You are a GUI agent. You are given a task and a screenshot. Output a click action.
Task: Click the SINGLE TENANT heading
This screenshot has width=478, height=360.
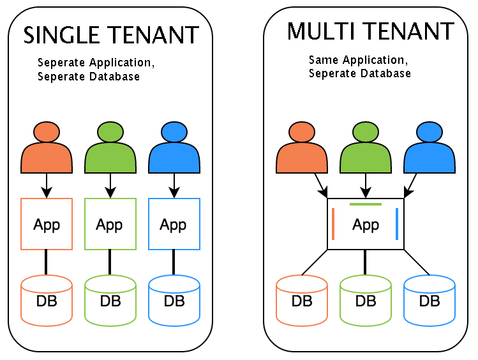coord(111,34)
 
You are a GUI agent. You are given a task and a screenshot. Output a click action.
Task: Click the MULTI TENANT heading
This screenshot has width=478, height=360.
coord(370,31)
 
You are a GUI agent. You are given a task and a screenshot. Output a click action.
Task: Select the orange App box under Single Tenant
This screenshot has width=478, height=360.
coord(47,223)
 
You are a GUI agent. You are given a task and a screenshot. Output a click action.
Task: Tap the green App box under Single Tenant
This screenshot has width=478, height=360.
coord(110,223)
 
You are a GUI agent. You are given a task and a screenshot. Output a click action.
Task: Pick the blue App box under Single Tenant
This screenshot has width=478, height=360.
coord(174,223)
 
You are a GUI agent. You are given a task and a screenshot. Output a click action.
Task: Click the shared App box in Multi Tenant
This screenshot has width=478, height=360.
coord(366,224)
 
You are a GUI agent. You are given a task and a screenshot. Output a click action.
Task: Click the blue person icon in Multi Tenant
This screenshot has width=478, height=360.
coord(429,148)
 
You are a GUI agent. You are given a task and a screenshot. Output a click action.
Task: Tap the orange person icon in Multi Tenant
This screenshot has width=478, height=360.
coord(302,148)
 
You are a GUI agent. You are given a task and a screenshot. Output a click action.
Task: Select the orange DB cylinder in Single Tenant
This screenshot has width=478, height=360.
coord(47,299)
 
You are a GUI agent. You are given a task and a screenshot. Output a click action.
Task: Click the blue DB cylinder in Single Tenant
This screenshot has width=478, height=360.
coord(174,299)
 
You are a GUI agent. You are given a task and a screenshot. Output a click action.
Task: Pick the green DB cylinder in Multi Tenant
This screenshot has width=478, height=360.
coord(366,299)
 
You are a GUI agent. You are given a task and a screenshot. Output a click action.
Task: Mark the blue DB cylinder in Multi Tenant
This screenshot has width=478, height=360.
coord(429,299)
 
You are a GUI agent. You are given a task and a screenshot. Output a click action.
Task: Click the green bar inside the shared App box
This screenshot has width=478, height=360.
coord(366,204)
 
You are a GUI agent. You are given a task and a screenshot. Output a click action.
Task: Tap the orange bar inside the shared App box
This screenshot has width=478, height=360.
coord(334,224)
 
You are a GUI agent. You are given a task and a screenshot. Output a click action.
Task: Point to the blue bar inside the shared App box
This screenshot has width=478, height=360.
coord(397,224)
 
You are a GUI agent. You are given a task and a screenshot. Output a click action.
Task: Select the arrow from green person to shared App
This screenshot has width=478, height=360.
coord(366,185)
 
